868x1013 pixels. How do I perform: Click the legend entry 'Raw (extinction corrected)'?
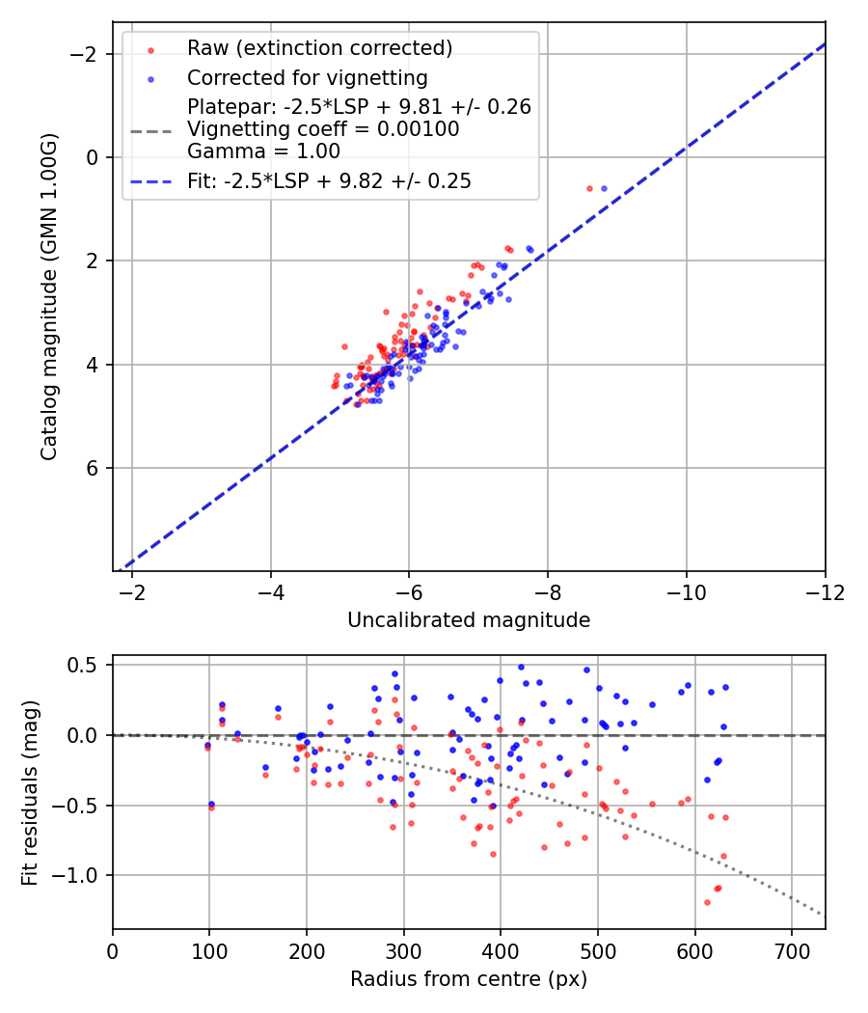[x=319, y=48]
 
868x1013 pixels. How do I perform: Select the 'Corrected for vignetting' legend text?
[x=307, y=77]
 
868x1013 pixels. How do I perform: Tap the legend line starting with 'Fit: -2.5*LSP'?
[x=329, y=180]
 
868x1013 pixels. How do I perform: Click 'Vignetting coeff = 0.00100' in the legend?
[x=323, y=129]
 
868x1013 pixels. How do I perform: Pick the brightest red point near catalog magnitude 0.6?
[x=590, y=189]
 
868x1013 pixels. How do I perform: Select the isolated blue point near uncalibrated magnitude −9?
[x=605, y=189]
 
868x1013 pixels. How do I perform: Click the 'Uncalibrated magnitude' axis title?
[x=469, y=620]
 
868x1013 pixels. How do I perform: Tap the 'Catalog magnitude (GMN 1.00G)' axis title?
[x=49, y=296]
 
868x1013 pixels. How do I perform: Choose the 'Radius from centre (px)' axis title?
[x=469, y=979]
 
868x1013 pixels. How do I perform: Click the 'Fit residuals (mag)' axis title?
[x=29, y=792]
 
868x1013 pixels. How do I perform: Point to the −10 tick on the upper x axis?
[x=686, y=592]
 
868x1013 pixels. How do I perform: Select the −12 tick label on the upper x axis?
[x=825, y=592]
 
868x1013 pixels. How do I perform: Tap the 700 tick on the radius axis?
[x=791, y=951]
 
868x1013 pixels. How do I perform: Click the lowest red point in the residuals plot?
[x=707, y=903]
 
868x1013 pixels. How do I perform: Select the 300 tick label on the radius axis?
[x=307, y=951]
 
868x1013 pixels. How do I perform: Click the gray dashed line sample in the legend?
[x=151, y=129]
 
